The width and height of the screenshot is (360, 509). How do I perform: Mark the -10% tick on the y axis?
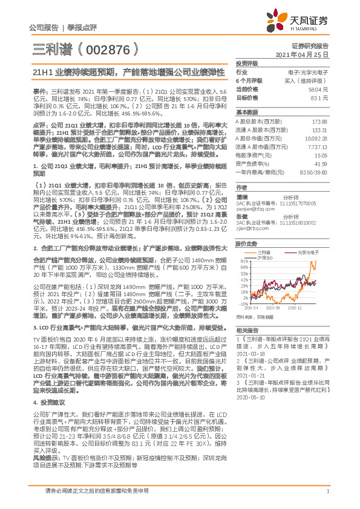[243, 303]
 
